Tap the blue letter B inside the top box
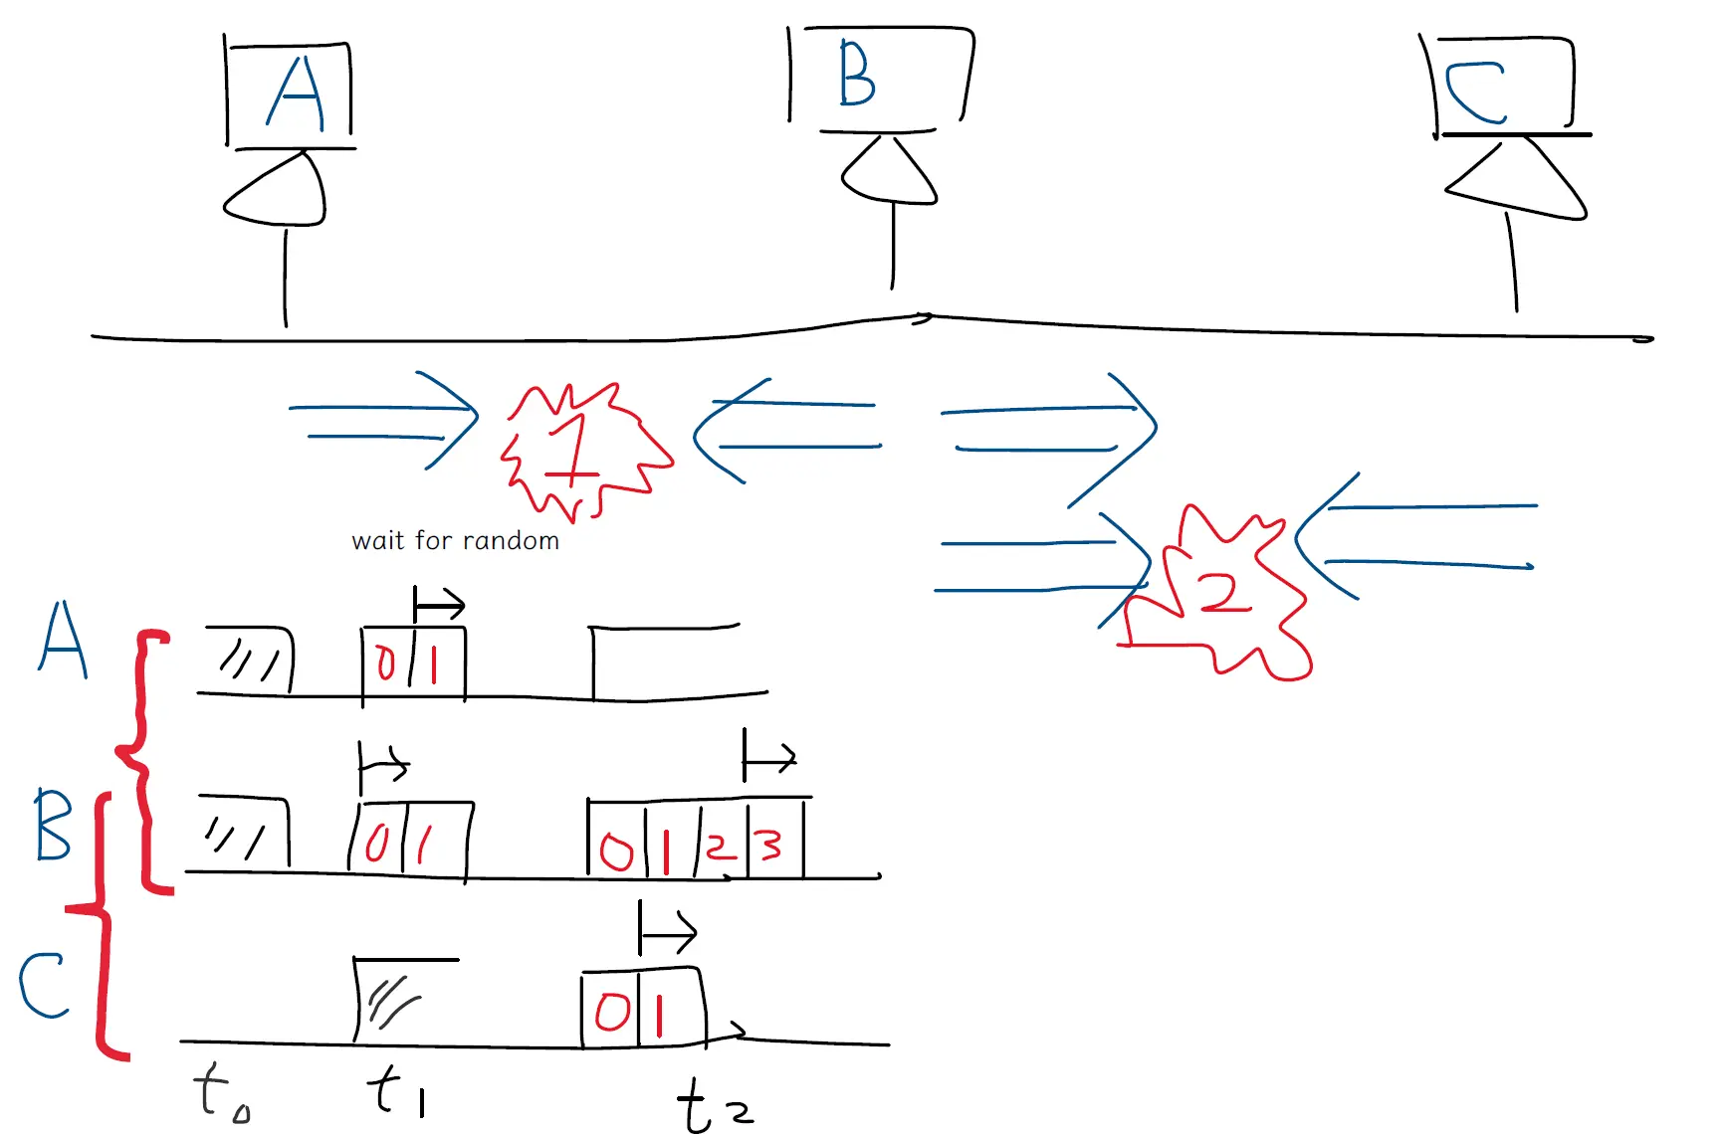point(856,74)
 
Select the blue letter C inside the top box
point(1475,93)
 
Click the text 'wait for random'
point(456,540)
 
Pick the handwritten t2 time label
point(715,1105)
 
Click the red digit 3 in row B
point(770,846)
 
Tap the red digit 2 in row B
point(721,848)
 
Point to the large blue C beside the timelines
point(44,985)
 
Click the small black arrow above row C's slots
point(667,932)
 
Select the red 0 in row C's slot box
point(611,1012)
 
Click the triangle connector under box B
point(889,170)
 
